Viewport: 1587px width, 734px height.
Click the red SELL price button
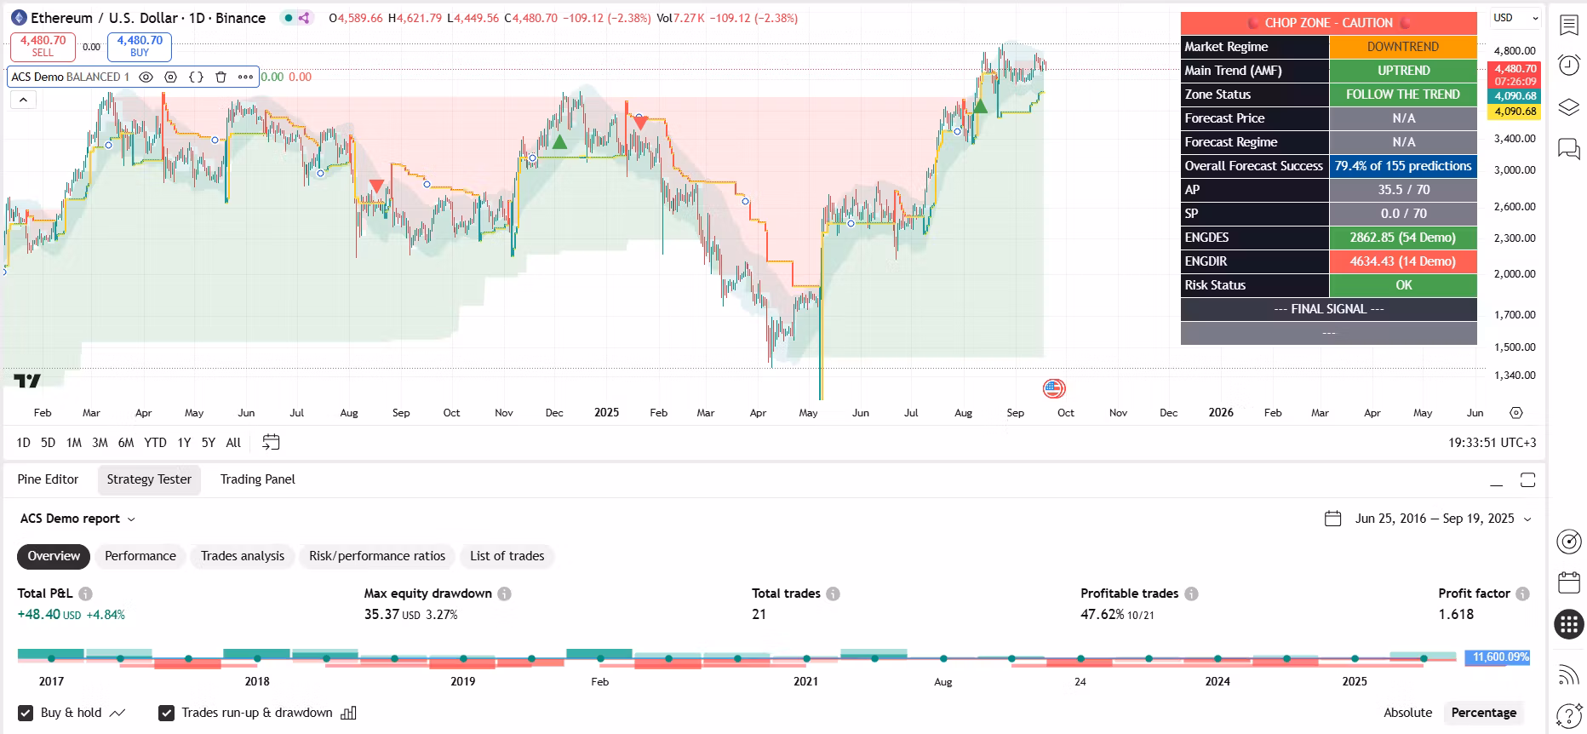point(43,46)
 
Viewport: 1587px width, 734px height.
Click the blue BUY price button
point(140,46)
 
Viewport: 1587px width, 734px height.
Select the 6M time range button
point(126,443)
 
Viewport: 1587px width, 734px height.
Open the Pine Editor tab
point(48,479)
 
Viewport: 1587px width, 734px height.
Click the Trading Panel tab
point(257,479)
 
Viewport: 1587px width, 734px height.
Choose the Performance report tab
point(140,556)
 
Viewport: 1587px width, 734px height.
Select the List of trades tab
point(507,556)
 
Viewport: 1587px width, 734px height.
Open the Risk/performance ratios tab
point(377,556)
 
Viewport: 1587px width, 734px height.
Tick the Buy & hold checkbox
point(26,713)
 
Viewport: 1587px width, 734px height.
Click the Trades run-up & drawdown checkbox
point(167,713)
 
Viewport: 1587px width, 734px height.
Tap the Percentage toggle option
point(1483,713)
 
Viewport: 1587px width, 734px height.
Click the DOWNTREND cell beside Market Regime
point(1402,47)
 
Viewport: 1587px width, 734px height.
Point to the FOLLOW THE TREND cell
point(1402,95)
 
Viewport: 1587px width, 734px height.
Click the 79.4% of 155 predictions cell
point(1402,166)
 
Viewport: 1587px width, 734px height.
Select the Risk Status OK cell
point(1402,285)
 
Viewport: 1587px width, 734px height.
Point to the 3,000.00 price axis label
point(1515,170)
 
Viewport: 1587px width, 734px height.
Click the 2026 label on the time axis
point(1221,412)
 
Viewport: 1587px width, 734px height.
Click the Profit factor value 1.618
point(1456,614)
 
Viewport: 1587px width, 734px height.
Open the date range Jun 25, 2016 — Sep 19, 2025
point(1435,519)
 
